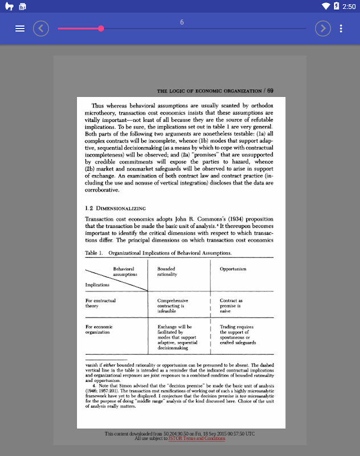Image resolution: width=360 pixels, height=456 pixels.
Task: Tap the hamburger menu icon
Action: [20, 28]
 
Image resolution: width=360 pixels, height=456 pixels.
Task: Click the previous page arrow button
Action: [41, 28]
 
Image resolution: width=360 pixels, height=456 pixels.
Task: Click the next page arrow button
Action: [323, 28]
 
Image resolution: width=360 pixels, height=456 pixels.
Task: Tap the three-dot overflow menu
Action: [341, 28]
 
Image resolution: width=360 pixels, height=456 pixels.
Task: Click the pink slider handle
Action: [101, 28]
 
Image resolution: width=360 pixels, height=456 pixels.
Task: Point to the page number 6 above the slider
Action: [182, 22]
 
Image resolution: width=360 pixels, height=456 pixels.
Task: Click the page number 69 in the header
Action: [270, 91]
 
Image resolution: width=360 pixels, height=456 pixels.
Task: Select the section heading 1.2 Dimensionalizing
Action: [116, 208]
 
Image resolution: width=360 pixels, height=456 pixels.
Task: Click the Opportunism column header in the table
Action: [233, 269]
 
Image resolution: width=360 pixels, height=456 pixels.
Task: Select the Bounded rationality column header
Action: [167, 271]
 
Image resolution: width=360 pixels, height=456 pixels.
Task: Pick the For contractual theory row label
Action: [100, 303]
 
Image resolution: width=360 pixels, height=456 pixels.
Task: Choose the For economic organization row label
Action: [99, 329]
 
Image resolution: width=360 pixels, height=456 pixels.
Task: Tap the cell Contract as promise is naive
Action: [231, 306]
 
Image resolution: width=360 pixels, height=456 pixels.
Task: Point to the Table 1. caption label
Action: [93, 253]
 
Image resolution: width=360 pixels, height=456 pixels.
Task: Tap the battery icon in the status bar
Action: [337, 6]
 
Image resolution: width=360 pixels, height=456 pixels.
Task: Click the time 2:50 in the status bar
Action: [349, 6]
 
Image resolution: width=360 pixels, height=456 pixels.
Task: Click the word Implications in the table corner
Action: [97, 284]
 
